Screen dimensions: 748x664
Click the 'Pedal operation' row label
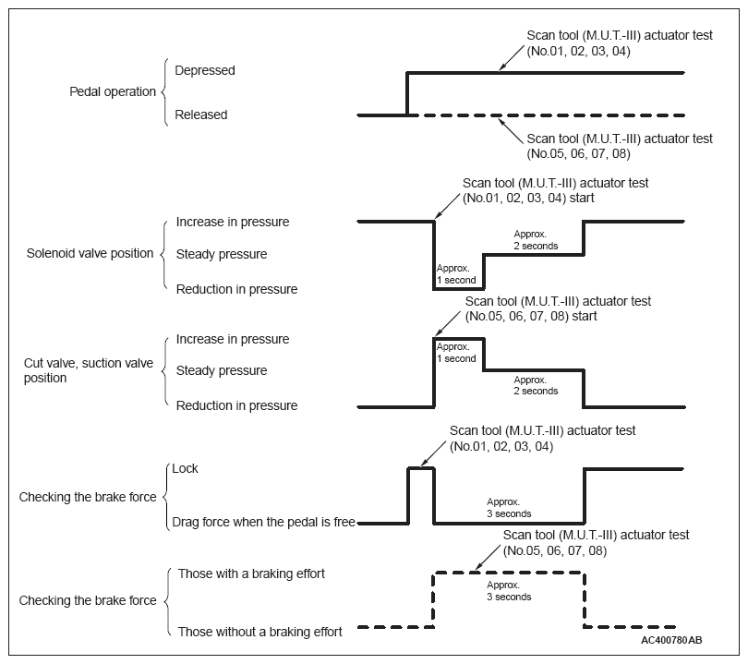(x=113, y=91)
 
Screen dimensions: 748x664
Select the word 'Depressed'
(x=205, y=70)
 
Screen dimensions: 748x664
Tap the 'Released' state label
(x=200, y=115)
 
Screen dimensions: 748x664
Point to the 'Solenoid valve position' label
(x=90, y=253)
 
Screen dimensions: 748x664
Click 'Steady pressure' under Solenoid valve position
(x=222, y=254)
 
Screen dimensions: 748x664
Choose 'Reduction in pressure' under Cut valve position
(x=236, y=405)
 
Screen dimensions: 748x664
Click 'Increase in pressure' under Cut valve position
(x=233, y=339)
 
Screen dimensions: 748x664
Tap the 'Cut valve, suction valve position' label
(x=89, y=370)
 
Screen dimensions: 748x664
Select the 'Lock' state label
(x=185, y=468)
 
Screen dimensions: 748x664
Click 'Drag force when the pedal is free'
(x=263, y=522)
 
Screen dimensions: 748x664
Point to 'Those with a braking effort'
(x=251, y=573)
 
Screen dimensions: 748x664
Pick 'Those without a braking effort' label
(x=259, y=632)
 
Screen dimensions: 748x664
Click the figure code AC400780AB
(x=671, y=640)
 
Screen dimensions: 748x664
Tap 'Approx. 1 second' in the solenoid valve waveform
(x=456, y=274)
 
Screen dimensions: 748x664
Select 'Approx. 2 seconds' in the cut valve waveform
(x=536, y=385)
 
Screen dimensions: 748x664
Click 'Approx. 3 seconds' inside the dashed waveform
(x=509, y=591)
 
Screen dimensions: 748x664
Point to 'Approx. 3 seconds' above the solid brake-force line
(x=509, y=508)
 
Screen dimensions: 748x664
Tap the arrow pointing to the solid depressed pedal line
(x=511, y=58)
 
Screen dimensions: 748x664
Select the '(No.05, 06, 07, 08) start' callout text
(x=531, y=316)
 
